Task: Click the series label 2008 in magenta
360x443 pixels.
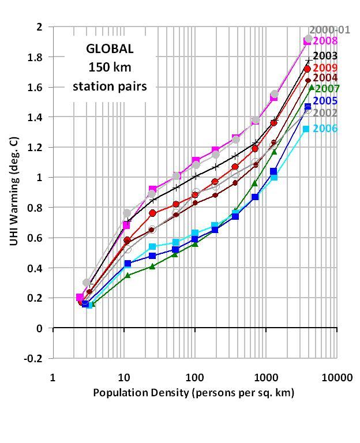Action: [x=325, y=41]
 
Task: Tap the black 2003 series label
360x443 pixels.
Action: [x=325, y=56]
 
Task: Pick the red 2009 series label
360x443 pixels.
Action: [x=325, y=67]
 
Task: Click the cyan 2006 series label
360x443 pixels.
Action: [x=325, y=129]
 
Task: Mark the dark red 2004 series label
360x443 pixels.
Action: [x=325, y=78]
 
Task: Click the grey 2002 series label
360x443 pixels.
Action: [x=325, y=112]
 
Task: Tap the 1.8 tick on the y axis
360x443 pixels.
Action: [x=36, y=57]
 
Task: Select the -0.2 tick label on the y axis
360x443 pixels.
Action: [x=34, y=358]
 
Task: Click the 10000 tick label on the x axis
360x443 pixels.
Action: [x=336, y=378]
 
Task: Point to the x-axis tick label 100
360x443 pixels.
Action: [x=195, y=378]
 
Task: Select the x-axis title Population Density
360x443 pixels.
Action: [x=194, y=393]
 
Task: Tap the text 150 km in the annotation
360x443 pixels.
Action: [x=110, y=67]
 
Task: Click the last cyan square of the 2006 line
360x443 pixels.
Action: [x=306, y=129]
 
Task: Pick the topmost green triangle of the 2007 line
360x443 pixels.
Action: [x=312, y=88]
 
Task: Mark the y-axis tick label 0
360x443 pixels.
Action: [x=39, y=328]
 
